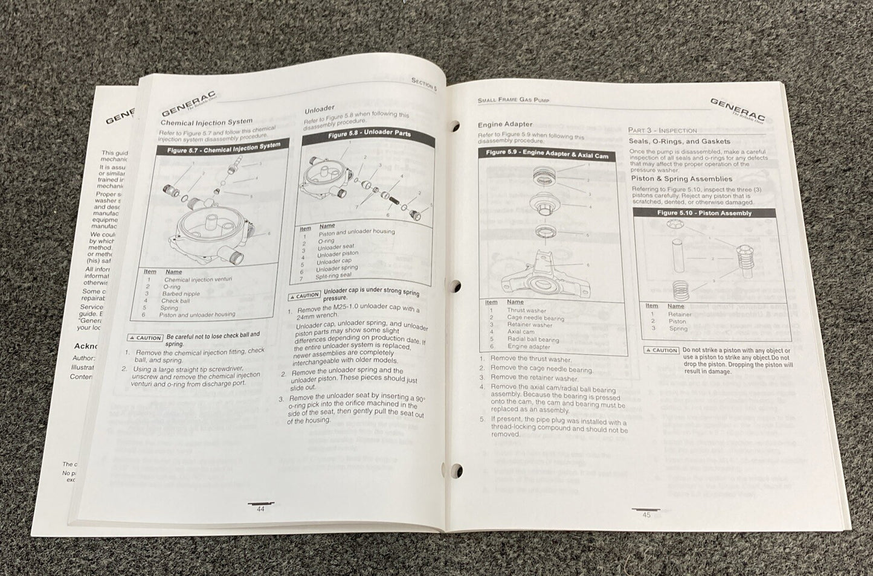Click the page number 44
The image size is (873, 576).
tap(261, 508)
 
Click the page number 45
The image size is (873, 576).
tap(646, 514)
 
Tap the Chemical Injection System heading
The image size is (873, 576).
tap(206, 122)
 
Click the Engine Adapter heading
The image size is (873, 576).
tap(505, 125)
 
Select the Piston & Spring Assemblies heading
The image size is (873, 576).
tap(681, 179)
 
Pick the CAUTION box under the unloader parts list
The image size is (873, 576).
tap(304, 296)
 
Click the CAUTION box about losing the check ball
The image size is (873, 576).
tap(145, 338)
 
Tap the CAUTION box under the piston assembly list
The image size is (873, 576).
tap(662, 350)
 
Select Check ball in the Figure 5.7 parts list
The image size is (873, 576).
tap(175, 301)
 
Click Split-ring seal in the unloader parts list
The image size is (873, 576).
tap(333, 276)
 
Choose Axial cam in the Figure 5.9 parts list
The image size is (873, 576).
tap(520, 332)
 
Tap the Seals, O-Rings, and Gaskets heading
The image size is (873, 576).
tap(671, 141)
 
